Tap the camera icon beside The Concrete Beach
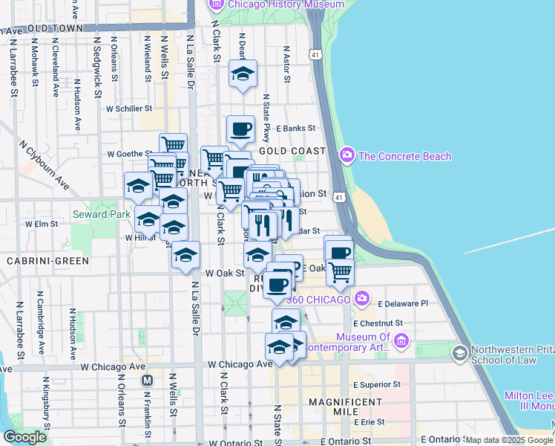(347, 155)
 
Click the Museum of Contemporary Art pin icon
(401, 341)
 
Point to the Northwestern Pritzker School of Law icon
(460, 352)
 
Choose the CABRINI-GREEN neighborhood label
(47, 261)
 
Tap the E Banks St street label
(296, 128)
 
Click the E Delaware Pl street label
(403, 304)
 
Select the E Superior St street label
(378, 385)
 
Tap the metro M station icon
(147, 380)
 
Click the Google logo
(24, 437)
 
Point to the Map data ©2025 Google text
(509, 440)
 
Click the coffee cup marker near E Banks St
(240, 129)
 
